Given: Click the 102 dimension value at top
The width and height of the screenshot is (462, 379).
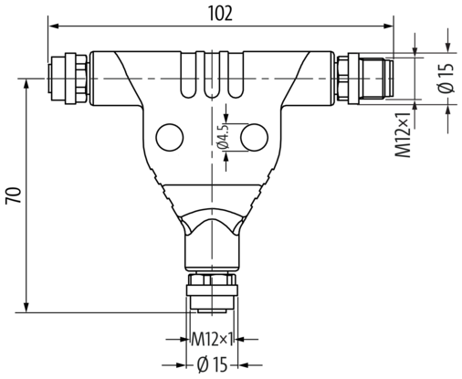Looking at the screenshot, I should point(220,13).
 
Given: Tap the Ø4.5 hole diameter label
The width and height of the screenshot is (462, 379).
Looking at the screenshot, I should point(222,138).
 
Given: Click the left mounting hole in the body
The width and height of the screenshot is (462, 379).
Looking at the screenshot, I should point(169,137).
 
